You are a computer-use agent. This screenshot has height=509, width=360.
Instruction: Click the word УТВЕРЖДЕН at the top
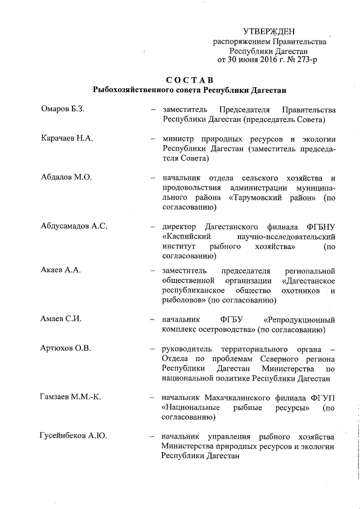(x=269, y=31)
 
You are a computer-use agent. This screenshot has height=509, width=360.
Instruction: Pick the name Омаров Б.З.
(x=63, y=109)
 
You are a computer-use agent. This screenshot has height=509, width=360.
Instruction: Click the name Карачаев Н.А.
(x=67, y=138)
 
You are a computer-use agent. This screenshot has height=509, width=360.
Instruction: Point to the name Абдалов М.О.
(x=66, y=177)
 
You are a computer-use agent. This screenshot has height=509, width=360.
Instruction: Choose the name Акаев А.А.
(x=61, y=270)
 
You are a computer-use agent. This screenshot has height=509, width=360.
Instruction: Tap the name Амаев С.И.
(x=62, y=319)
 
